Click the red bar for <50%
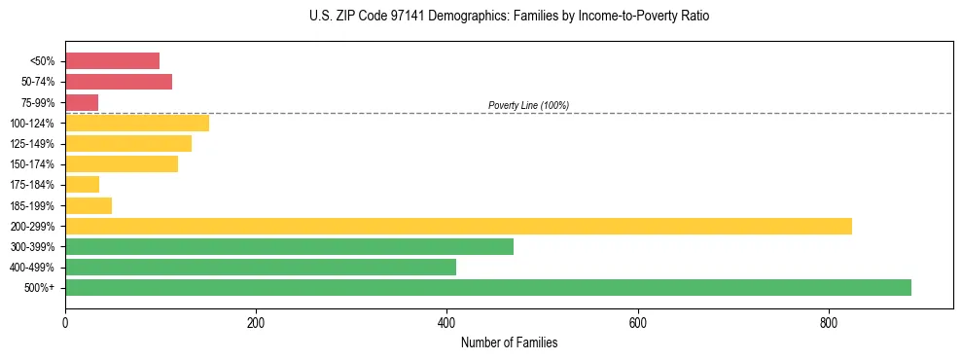pyautogui.click(x=112, y=61)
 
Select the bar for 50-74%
pyautogui.click(x=119, y=82)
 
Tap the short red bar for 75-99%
pyautogui.click(x=82, y=102)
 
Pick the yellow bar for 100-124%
pyautogui.click(x=137, y=123)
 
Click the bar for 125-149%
pyautogui.click(x=128, y=144)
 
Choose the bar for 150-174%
pyautogui.click(x=122, y=164)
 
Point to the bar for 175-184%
pyautogui.click(x=82, y=185)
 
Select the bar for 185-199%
pyautogui.click(x=89, y=205)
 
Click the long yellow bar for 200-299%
pyautogui.click(x=458, y=226)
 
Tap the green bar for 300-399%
pyautogui.click(x=289, y=246)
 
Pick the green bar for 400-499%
pyautogui.click(x=261, y=267)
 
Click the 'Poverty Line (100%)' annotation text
pyautogui.click(x=528, y=105)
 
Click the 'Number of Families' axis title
pyautogui.click(x=509, y=342)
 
